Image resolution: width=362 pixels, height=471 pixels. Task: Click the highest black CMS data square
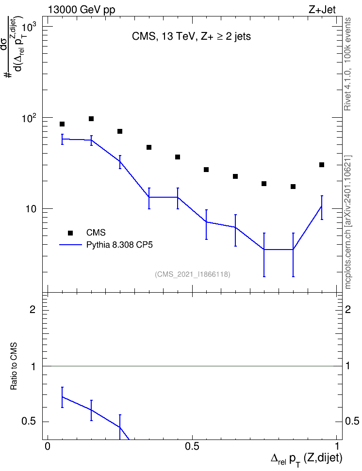tap(91, 119)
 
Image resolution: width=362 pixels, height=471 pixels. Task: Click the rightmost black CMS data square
tap(322, 165)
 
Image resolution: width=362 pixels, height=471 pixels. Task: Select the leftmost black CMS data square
tap(62, 124)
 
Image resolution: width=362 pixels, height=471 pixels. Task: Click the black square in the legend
tap(70, 233)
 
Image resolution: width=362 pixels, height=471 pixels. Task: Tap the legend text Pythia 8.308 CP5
tap(119, 245)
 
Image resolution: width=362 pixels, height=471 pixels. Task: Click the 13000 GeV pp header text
tap(82, 10)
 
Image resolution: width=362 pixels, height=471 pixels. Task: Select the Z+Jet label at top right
tap(322, 10)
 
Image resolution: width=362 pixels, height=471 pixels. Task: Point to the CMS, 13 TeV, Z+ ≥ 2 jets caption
tap(191, 36)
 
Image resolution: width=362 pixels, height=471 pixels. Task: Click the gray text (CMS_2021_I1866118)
tap(193, 274)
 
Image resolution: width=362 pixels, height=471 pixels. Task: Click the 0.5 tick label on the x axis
tap(192, 446)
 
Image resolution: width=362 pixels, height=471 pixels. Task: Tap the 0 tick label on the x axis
tap(48, 446)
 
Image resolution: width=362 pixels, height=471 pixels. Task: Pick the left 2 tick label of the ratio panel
tap(33, 309)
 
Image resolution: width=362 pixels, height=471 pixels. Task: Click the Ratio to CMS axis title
tap(14, 366)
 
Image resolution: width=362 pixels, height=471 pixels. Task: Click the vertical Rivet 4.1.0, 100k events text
tap(347, 64)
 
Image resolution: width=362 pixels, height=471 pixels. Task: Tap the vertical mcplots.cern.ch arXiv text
tap(348, 222)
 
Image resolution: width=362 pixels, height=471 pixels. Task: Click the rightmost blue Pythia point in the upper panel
tap(322, 206)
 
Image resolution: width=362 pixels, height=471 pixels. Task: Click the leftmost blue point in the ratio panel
tap(62, 397)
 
